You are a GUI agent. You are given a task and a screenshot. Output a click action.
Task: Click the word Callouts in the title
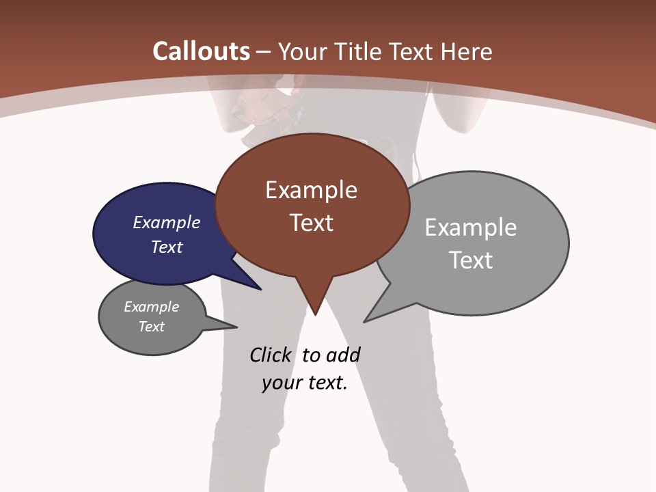click(201, 51)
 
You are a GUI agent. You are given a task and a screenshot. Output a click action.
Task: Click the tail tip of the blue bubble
click(260, 289)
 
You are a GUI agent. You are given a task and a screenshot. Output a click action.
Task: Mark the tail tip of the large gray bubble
click(365, 321)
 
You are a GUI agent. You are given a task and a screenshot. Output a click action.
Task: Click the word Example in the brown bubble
click(311, 190)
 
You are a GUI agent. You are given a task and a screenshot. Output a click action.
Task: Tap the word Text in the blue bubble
click(167, 247)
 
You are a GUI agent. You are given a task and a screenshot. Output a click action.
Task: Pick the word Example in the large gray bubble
click(471, 228)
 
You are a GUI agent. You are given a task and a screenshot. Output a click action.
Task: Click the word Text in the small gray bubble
click(152, 327)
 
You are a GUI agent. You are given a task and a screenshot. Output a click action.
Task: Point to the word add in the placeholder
click(343, 355)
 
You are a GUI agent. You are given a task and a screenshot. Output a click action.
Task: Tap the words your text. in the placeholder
click(305, 383)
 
